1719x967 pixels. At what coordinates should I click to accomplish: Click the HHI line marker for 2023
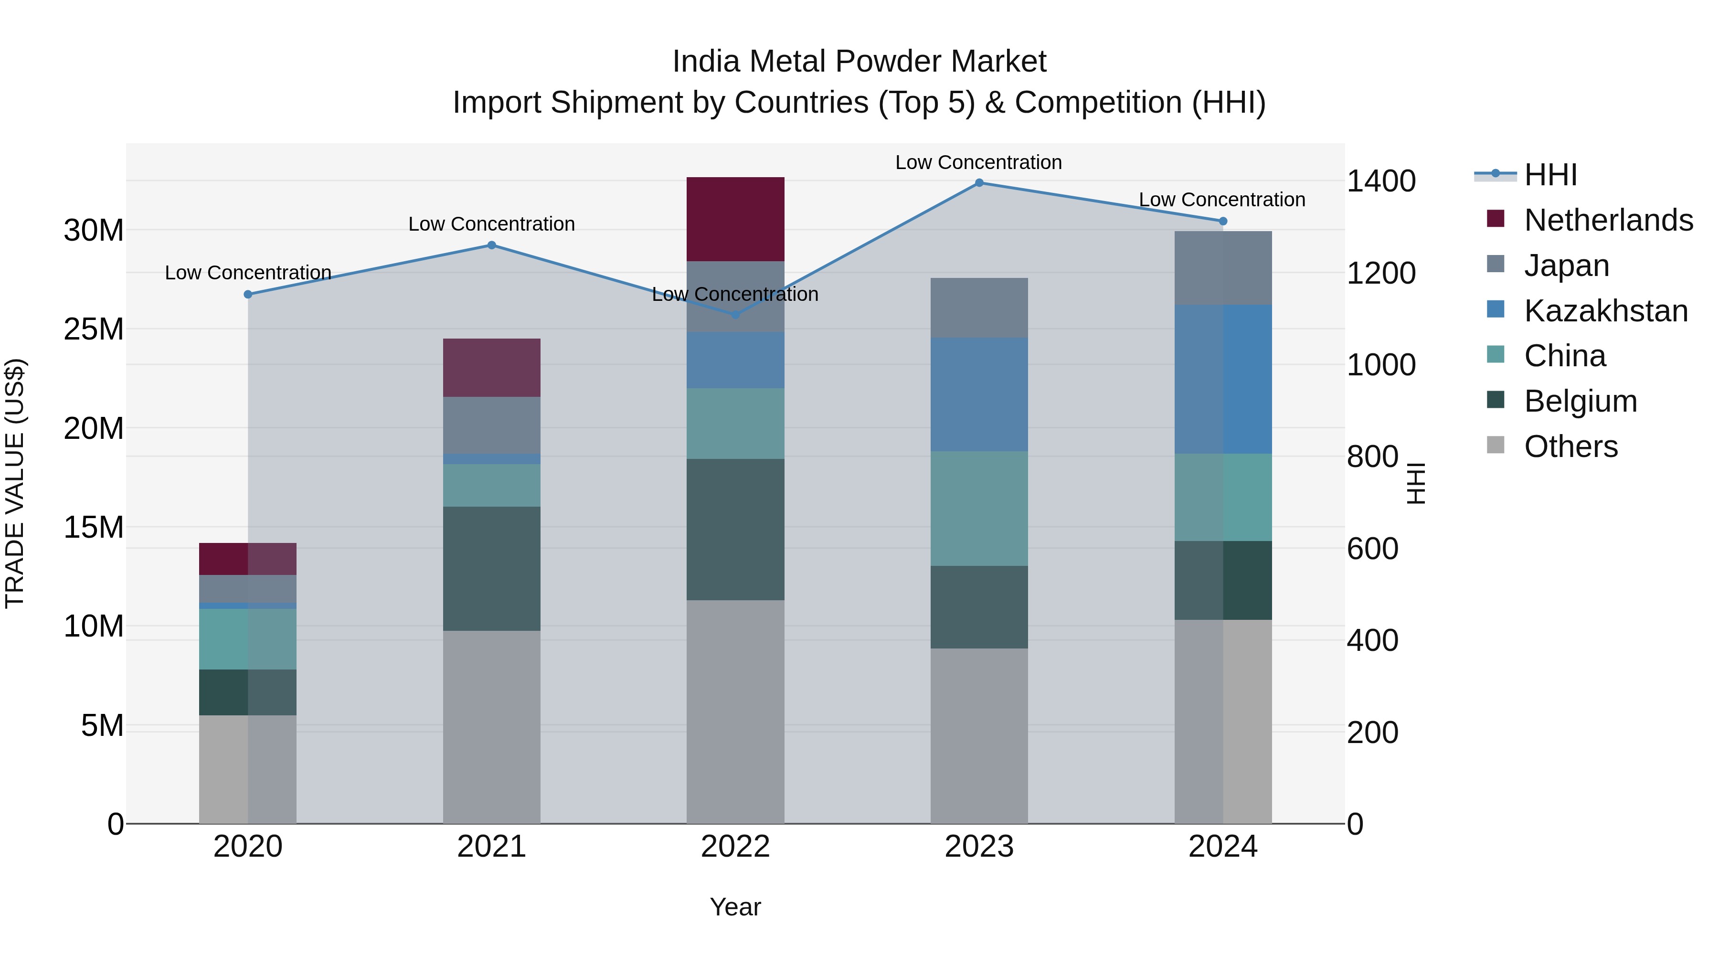tap(979, 183)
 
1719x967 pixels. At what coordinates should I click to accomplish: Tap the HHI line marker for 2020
tap(247, 294)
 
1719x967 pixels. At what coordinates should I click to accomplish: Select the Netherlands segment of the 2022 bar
tap(735, 219)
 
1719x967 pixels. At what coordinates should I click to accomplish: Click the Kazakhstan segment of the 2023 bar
tap(979, 394)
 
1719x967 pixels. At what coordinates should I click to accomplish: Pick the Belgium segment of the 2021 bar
tap(492, 569)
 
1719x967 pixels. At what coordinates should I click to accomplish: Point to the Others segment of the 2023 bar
tap(979, 735)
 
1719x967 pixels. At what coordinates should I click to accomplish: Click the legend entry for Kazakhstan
tap(1605, 311)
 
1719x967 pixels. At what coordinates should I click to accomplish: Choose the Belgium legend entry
tap(1580, 401)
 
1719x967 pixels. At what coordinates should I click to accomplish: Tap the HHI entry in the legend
tap(1549, 175)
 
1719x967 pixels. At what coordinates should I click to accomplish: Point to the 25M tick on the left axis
tap(94, 329)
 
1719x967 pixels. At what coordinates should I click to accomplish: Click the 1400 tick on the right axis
tap(1380, 181)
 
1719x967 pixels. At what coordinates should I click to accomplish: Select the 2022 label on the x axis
tap(735, 847)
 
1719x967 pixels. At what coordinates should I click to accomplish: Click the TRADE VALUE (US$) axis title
tap(15, 483)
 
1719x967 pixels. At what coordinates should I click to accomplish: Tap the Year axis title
tap(735, 907)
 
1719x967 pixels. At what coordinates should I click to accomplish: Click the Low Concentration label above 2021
tap(492, 224)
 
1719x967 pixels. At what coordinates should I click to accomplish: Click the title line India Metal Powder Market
tap(859, 62)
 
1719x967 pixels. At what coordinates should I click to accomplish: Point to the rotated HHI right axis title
tap(1415, 483)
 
